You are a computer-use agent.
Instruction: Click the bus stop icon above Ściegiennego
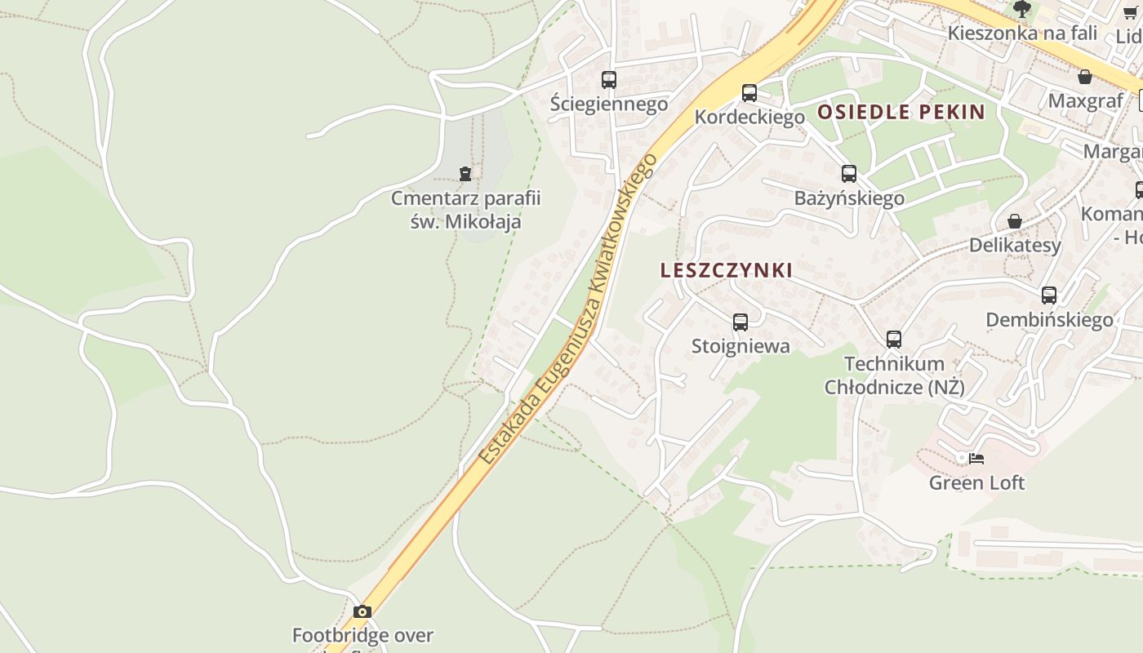pos(609,80)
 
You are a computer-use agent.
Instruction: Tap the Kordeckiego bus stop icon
pos(749,93)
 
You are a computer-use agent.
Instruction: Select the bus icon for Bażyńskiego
pos(849,174)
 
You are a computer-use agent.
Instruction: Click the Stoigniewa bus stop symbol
pos(741,322)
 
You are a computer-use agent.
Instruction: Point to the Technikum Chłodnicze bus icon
pos(894,340)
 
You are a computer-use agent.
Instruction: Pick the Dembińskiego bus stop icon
pos(1049,295)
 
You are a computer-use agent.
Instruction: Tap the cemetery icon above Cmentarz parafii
pos(465,174)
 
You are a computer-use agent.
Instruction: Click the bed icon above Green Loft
pos(976,459)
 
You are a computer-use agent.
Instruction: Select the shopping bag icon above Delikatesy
pos(1015,221)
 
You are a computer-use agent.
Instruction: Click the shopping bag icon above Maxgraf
pos(1085,78)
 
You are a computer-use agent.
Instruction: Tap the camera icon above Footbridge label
pos(362,611)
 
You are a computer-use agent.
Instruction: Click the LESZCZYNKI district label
pos(726,270)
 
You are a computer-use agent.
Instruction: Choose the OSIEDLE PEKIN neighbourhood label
pos(901,112)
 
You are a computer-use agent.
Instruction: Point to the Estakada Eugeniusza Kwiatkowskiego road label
pos(568,310)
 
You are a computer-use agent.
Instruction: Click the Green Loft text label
pos(976,482)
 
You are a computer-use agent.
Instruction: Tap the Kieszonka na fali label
pos(1010,33)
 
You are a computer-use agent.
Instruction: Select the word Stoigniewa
pos(741,346)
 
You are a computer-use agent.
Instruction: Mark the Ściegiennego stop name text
pos(609,104)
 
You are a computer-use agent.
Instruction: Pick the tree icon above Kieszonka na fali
pos(1021,9)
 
